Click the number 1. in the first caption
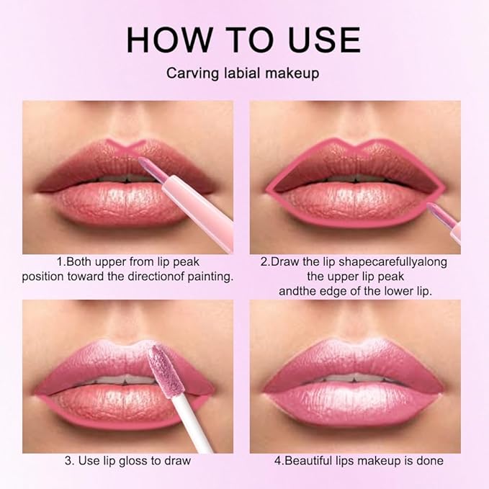(60, 261)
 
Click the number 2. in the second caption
(265, 261)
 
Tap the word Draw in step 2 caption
(284, 261)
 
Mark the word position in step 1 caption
(43, 277)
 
